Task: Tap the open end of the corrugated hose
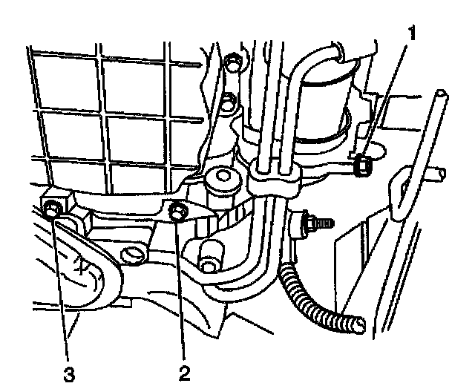point(359,324)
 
